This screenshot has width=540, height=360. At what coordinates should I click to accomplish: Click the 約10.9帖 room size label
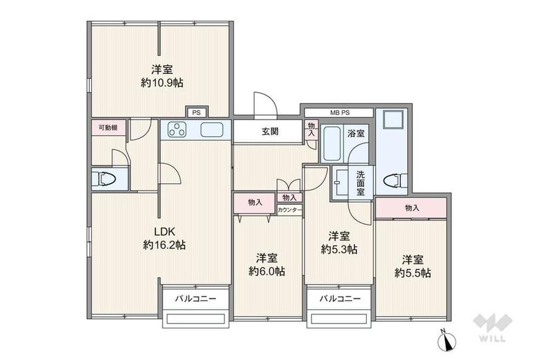[x=162, y=84]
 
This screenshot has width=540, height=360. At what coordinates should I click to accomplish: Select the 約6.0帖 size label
[x=266, y=271]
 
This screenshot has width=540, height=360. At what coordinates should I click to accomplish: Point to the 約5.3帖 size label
[x=339, y=250]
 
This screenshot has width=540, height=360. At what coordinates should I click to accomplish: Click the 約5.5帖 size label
[x=413, y=273]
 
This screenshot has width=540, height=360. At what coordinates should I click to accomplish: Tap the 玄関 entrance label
[x=271, y=132]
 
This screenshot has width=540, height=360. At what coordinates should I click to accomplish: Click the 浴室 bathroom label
[x=356, y=133]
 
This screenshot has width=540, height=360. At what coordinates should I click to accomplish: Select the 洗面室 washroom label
[x=360, y=183]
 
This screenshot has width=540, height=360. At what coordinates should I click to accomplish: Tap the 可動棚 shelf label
[x=108, y=127]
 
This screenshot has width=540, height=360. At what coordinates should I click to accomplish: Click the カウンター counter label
[x=289, y=210]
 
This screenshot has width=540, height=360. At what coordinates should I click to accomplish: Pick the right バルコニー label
[x=340, y=298]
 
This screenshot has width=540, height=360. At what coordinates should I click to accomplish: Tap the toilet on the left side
[x=106, y=179]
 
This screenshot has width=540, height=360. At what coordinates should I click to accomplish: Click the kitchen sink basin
[x=211, y=129]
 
